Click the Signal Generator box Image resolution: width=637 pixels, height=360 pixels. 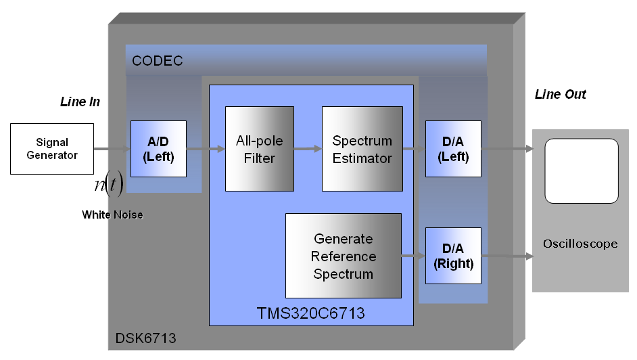pos(52,149)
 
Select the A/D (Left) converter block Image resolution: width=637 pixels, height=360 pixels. pos(158,149)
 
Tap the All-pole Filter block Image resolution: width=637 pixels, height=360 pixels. pos(260,149)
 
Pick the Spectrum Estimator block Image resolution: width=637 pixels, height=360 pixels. pos(362,149)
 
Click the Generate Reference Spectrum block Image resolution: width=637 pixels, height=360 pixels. pos(344,256)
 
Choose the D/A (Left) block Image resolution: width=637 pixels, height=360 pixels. pos(453,149)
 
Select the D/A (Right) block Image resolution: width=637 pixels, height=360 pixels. pos(453,256)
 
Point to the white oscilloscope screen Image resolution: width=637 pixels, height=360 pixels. pos(582,171)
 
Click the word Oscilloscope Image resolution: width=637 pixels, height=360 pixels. pos(580,244)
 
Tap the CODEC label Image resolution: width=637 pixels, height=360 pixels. pos(157,61)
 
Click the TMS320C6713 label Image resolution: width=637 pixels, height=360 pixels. pos(311,313)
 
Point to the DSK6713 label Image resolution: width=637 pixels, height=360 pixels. pos(146,338)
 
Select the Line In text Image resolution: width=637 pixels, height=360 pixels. pos(80,102)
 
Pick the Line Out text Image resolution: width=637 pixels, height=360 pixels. pos(560,94)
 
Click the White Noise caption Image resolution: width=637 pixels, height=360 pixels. pos(112,215)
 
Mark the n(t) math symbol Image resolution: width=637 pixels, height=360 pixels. pos(109,185)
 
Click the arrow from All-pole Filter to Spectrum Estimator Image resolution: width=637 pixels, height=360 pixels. pos(308,149)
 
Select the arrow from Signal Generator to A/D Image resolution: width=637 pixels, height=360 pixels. pos(112,149)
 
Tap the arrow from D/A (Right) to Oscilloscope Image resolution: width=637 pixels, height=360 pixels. pos(507,256)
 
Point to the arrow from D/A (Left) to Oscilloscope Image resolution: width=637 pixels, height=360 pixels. pos(507,149)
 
